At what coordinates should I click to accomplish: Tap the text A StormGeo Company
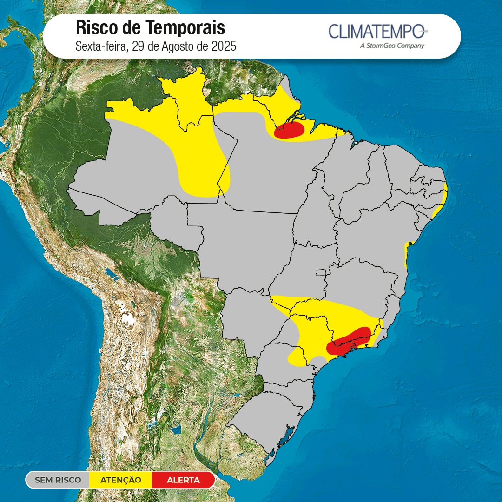point(392,46)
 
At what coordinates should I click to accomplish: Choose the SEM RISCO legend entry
point(58,480)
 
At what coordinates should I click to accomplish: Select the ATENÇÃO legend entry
point(121,480)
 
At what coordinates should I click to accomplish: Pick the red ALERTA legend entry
point(183,480)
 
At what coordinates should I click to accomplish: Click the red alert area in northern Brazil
point(289,131)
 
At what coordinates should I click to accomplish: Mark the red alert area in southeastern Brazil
point(349,342)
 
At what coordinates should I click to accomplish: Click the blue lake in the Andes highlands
point(110,272)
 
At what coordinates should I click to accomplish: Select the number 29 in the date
point(138,46)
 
